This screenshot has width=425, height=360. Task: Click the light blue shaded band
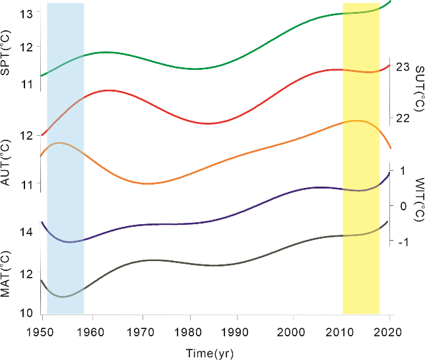pos(65,158)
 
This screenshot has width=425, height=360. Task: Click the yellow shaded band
pos(361,158)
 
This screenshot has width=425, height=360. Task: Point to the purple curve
pos(198,222)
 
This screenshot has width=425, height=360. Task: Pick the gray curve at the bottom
pos(198,263)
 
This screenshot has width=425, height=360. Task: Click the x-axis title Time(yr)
pos(209,353)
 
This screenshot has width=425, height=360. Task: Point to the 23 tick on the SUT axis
pos(403,67)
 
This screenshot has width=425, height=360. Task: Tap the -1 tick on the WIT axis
pos(402,242)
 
